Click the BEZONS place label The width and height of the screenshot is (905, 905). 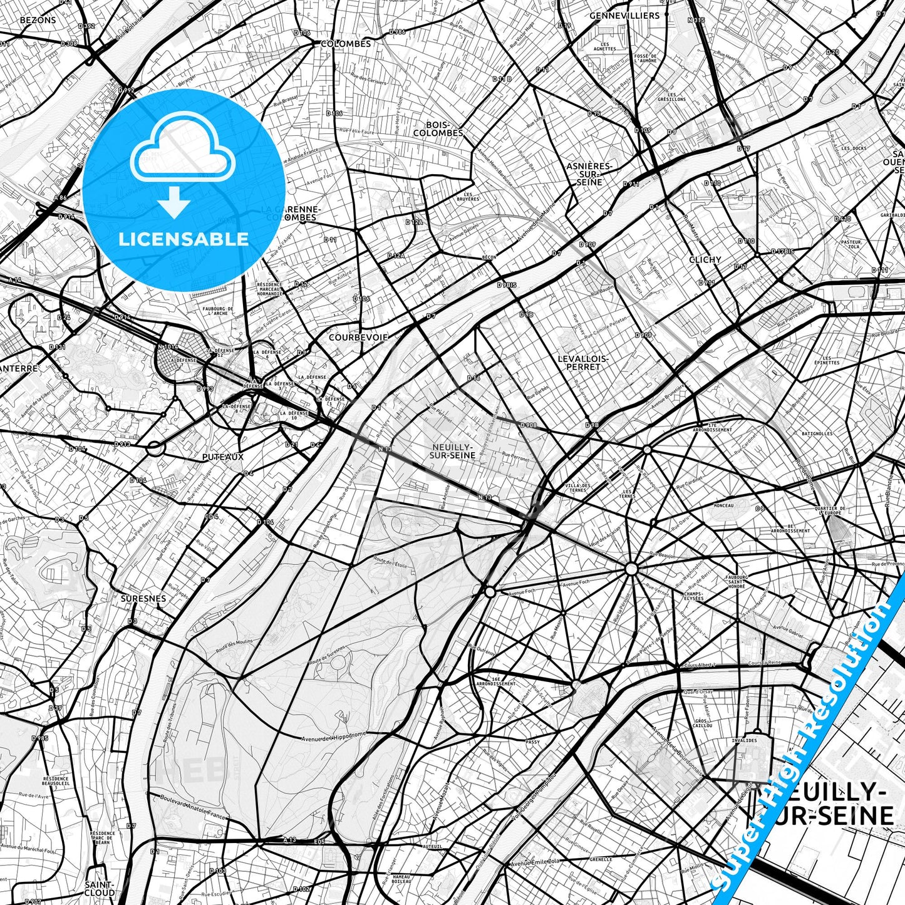(38, 20)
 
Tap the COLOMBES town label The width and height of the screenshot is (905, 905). (346, 44)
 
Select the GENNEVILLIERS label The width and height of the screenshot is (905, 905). (624, 15)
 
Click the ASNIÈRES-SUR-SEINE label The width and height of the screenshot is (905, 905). (589, 174)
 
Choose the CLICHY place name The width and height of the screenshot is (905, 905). (705, 259)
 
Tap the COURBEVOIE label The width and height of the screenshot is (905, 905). (359, 337)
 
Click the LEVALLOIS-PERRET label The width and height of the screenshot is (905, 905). (583, 363)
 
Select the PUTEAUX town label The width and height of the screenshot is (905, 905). (223, 457)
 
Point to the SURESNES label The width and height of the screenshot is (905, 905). (143, 598)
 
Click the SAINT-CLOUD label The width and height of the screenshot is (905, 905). (100, 888)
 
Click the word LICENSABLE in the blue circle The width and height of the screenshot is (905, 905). (184, 239)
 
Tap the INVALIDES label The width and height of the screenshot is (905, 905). (744, 740)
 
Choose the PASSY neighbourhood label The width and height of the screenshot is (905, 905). (532, 742)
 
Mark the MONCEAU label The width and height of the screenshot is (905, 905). (723, 505)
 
